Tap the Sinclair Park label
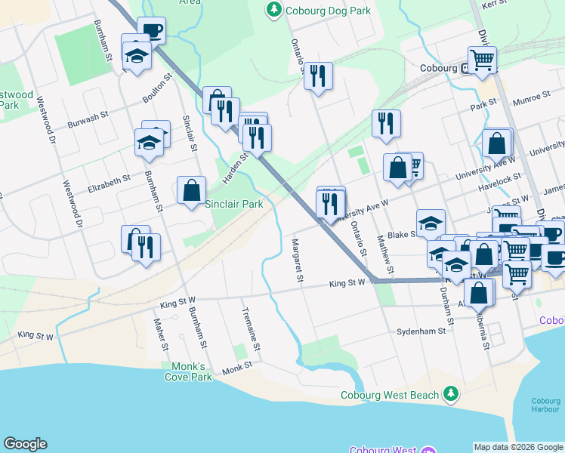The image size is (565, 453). [x=234, y=204]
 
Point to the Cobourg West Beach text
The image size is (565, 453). [x=389, y=395]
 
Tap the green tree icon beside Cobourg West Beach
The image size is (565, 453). [x=451, y=393]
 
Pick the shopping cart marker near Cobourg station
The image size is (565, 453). [x=482, y=57]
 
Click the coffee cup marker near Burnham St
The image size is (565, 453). [x=151, y=31]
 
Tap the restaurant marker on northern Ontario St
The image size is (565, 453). [x=318, y=75]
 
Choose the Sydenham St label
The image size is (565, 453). [x=418, y=331]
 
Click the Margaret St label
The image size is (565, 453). [x=297, y=261]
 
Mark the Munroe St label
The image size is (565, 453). [x=532, y=97]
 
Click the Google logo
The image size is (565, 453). [x=25, y=444]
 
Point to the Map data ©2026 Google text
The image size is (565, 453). [x=519, y=447]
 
